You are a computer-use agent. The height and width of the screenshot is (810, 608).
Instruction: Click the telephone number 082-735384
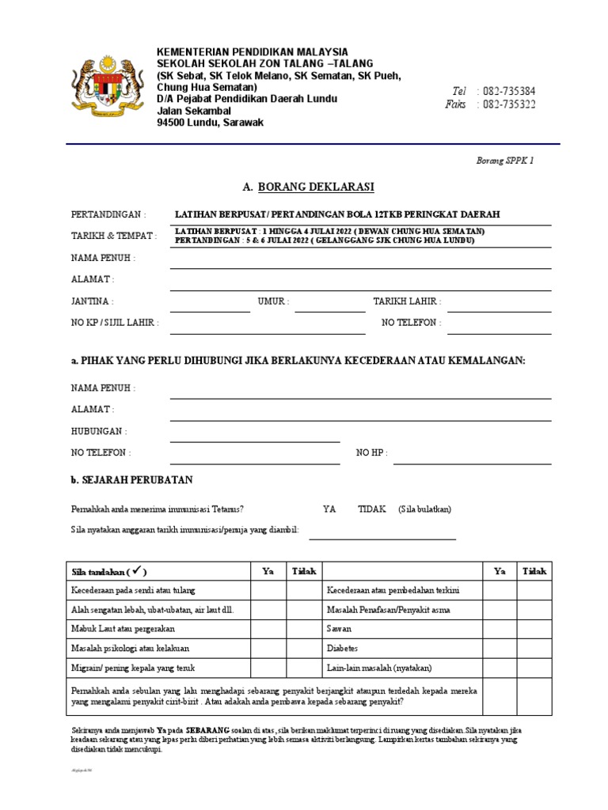tap(507, 91)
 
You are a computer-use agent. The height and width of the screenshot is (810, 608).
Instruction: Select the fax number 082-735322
tap(507, 104)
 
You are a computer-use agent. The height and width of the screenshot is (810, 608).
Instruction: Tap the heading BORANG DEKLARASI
tap(308, 187)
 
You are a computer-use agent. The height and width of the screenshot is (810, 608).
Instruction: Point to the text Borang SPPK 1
tap(505, 160)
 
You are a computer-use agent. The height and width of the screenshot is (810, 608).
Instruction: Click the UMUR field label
tap(273, 301)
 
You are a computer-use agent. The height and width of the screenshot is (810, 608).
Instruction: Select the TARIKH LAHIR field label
tap(407, 301)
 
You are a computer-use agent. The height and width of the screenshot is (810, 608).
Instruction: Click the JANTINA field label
tap(92, 301)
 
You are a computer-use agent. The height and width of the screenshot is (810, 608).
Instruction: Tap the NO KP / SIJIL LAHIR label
tap(115, 323)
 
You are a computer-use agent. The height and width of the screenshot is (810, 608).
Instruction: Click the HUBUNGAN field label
tap(99, 431)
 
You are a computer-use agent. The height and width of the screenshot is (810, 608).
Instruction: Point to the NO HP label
tap(372, 452)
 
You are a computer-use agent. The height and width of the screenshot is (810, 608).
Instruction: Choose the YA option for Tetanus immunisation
tap(329, 509)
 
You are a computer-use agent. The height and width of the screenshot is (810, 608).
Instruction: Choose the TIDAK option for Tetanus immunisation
tap(372, 509)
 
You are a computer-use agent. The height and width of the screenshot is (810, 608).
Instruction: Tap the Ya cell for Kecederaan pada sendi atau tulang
tap(268, 591)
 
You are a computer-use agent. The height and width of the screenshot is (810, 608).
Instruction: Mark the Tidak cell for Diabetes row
tap(535, 647)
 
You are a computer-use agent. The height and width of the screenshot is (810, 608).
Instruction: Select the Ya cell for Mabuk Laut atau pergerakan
tap(268, 629)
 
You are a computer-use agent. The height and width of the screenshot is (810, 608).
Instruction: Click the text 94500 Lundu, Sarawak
tap(211, 123)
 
